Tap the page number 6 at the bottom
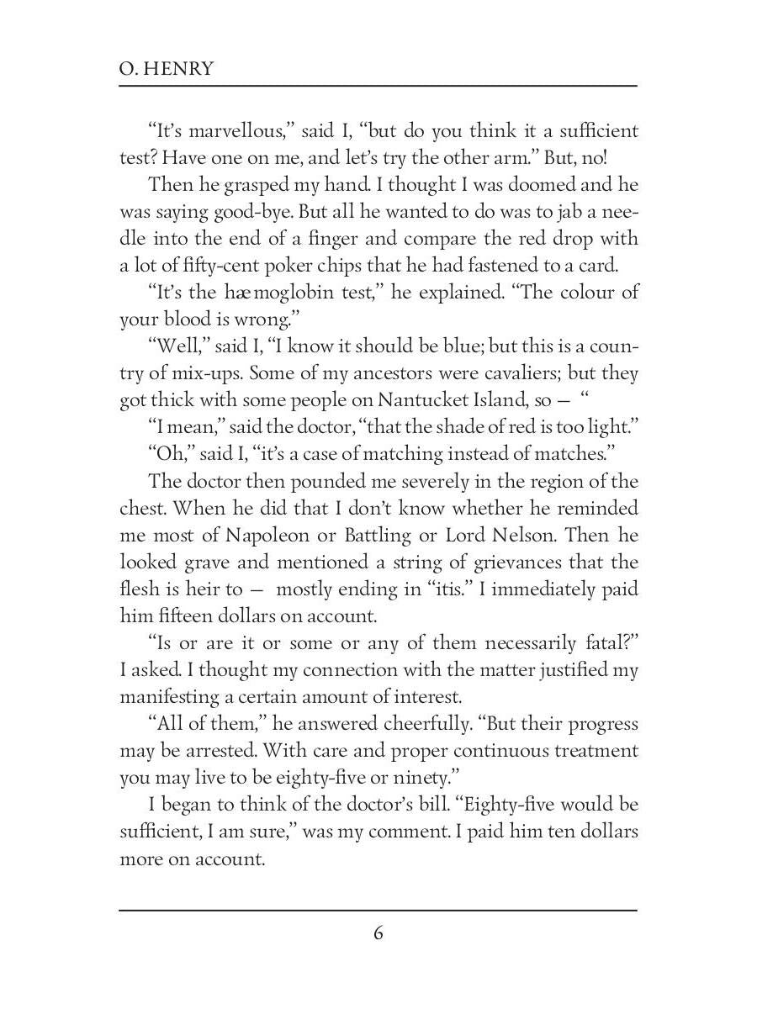[x=378, y=933]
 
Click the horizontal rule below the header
[x=378, y=86]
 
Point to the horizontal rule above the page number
[x=378, y=909]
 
